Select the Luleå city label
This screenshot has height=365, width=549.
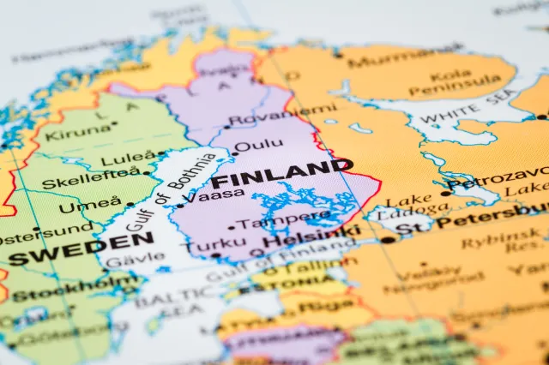click(x=128, y=159)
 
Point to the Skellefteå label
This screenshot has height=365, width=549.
click(x=91, y=182)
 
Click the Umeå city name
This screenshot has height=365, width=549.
click(x=90, y=206)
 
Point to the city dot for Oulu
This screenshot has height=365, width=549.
click(x=234, y=153)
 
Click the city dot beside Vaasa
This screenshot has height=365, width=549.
click(x=179, y=205)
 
